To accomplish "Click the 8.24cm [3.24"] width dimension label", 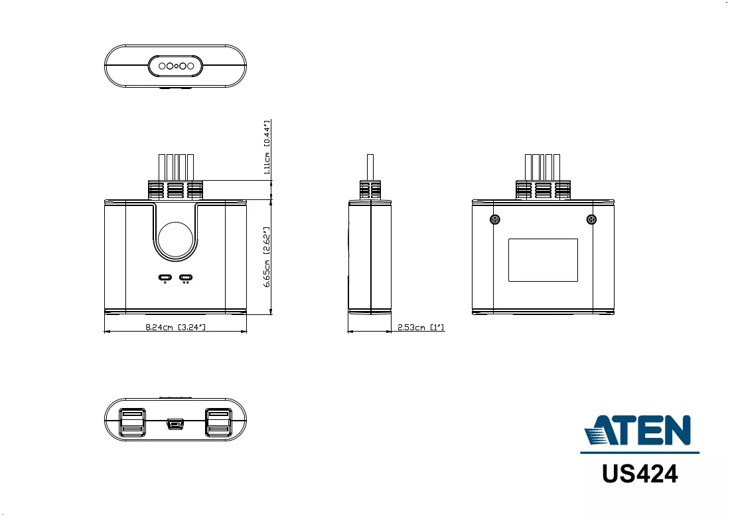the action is pos(175,327).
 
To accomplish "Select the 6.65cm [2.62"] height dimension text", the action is pos(267,257).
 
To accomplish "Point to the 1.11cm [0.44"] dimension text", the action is pos(267,148).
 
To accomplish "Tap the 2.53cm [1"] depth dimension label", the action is pos(421,327).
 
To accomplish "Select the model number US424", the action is pos(640,474).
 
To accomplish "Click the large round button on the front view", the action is pos(175,239).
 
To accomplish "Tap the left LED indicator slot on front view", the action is pos(165,277).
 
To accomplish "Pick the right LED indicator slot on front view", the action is pos(186,277).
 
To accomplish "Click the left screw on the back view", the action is pos(495,219).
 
